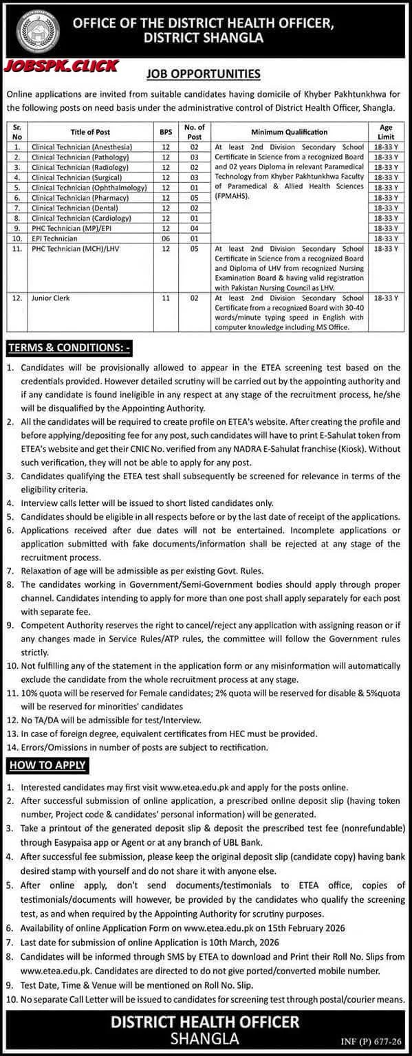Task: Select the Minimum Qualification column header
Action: (x=289, y=131)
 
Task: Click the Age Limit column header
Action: (x=387, y=131)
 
